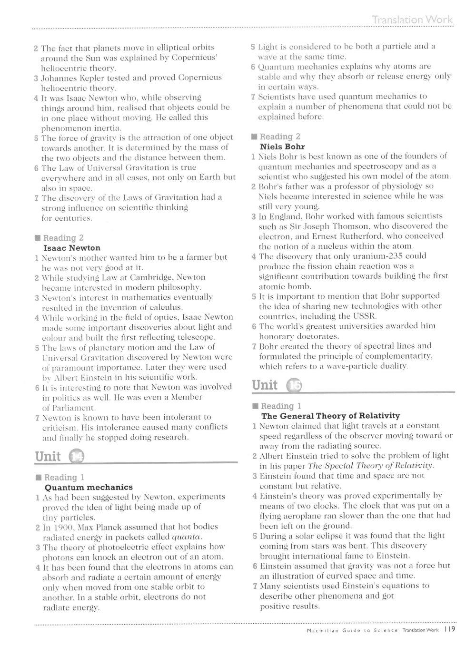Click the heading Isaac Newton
pos(72,248)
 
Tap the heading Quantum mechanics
pos(89,487)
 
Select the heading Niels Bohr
pos(282,147)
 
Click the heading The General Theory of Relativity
pos(331,416)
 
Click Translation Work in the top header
pos(412,20)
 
